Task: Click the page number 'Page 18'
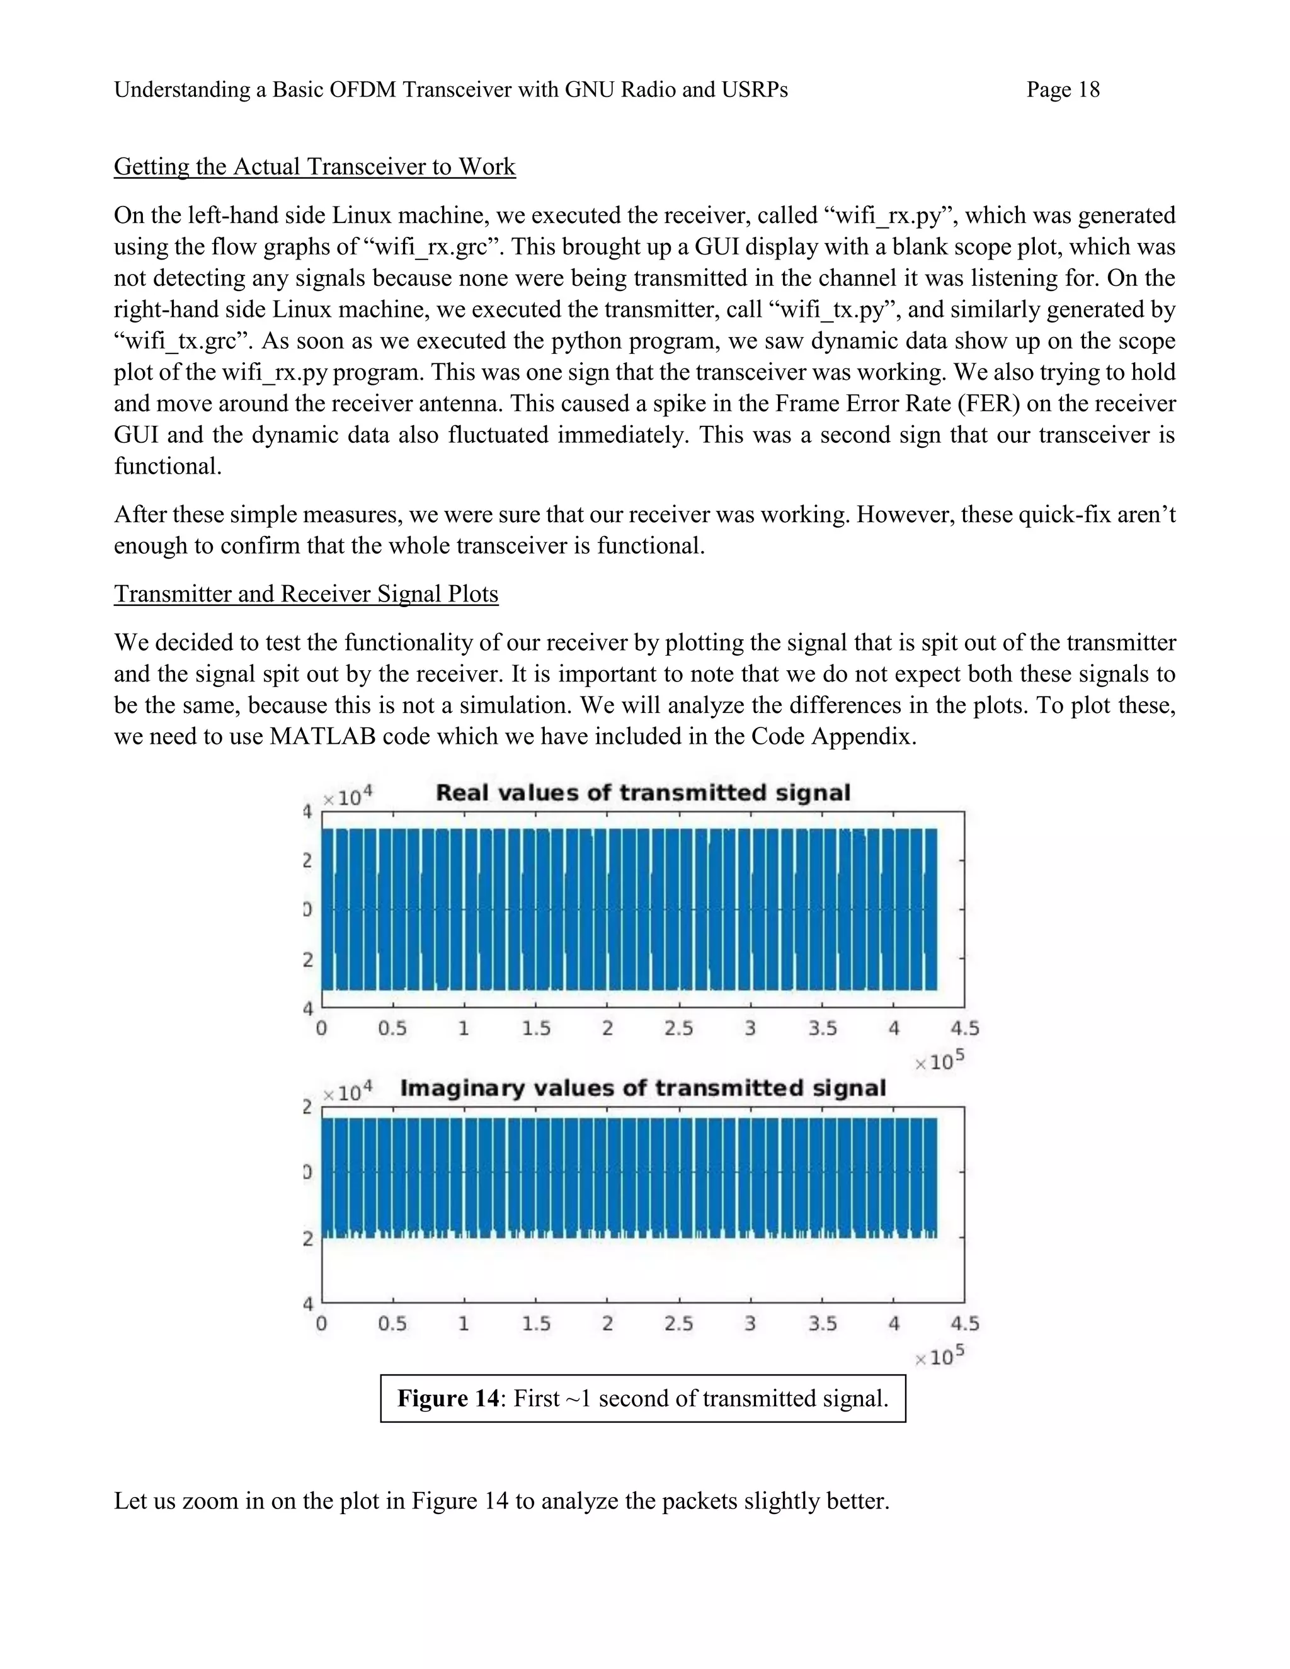[1062, 90]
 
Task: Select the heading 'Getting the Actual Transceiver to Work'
[314, 167]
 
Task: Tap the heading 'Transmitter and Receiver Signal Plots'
[305, 594]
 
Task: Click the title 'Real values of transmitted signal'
[642, 792]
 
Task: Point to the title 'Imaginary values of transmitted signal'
[642, 1088]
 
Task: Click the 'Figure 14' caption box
[642, 1398]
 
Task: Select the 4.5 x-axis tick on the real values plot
[964, 1028]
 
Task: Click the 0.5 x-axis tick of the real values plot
[392, 1028]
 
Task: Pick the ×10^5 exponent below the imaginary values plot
[939, 1356]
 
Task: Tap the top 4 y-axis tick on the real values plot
[308, 812]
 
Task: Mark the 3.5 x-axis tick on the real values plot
[822, 1028]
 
